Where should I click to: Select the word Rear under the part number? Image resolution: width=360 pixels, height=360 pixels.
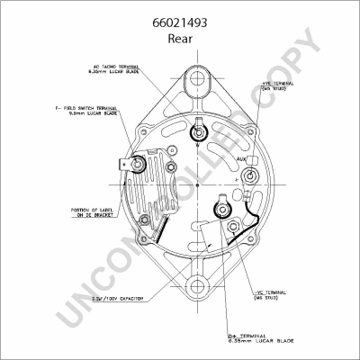[180, 40]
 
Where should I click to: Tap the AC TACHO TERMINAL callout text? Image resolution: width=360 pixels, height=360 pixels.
[116, 68]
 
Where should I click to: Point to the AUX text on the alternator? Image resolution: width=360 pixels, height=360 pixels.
[241, 159]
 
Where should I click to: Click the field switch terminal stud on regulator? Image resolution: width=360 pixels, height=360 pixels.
[137, 166]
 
